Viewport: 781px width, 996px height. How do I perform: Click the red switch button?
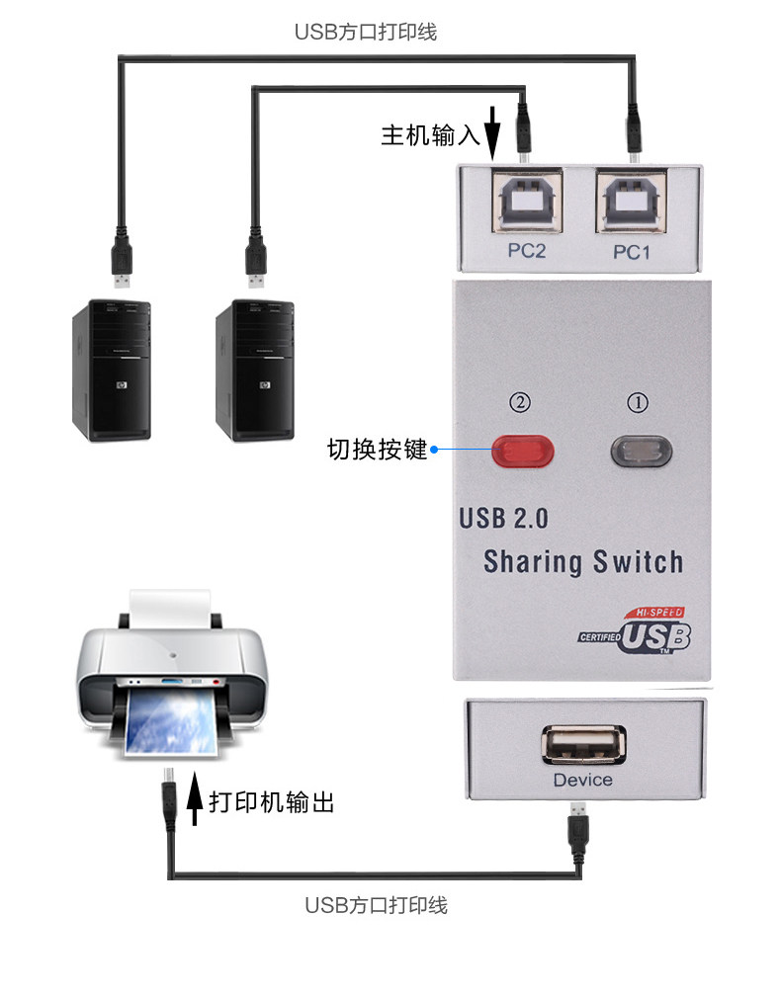[x=523, y=452]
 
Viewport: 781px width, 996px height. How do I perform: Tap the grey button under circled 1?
[x=644, y=452]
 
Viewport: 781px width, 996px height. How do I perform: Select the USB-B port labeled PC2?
[x=526, y=203]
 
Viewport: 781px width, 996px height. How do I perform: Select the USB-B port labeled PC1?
[x=631, y=203]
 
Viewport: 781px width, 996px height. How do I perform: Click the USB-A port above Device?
[x=584, y=744]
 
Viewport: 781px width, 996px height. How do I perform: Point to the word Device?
[x=583, y=780]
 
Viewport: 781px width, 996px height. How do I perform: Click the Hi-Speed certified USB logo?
[x=639, y=630]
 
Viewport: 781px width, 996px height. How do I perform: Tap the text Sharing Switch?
[x=583, y=562]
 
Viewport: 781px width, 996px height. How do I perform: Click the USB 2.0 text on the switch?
[x=503, y=518]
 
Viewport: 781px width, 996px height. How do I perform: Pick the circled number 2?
[x=521, y=403]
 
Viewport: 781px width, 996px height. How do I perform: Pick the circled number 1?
[x=640, y=403]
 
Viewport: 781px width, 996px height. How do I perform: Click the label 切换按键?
[x=377, y=450]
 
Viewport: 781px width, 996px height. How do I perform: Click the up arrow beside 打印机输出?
[x=195, y=799]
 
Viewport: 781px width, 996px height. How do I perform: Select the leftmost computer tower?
[x=111, y=372]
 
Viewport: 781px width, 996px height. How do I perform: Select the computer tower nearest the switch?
[x=255, y=372]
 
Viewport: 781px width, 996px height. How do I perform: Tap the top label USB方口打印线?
[x=366, y=32]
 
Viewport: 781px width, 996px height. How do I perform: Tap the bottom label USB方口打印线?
[x=377, y=905]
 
